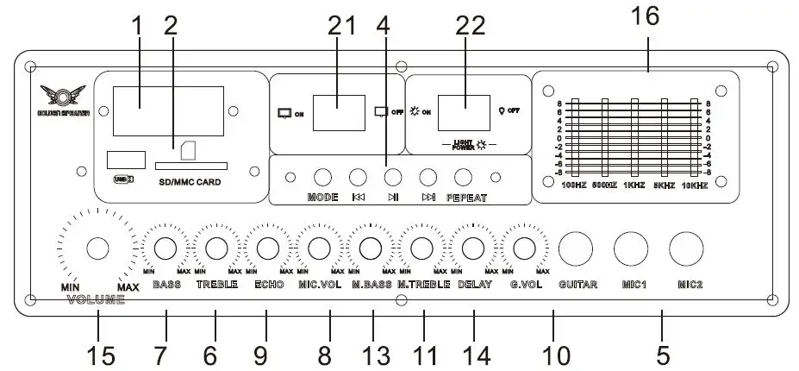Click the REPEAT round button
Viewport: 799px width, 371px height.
click(464, 178)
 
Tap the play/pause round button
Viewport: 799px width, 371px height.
click(393, 178)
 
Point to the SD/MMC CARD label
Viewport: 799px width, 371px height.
click(190, 183)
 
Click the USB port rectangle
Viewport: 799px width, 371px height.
click(122, 160)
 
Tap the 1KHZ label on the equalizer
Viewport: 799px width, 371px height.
click(634, 185)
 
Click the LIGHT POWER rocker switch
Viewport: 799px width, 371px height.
click(465, 110)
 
